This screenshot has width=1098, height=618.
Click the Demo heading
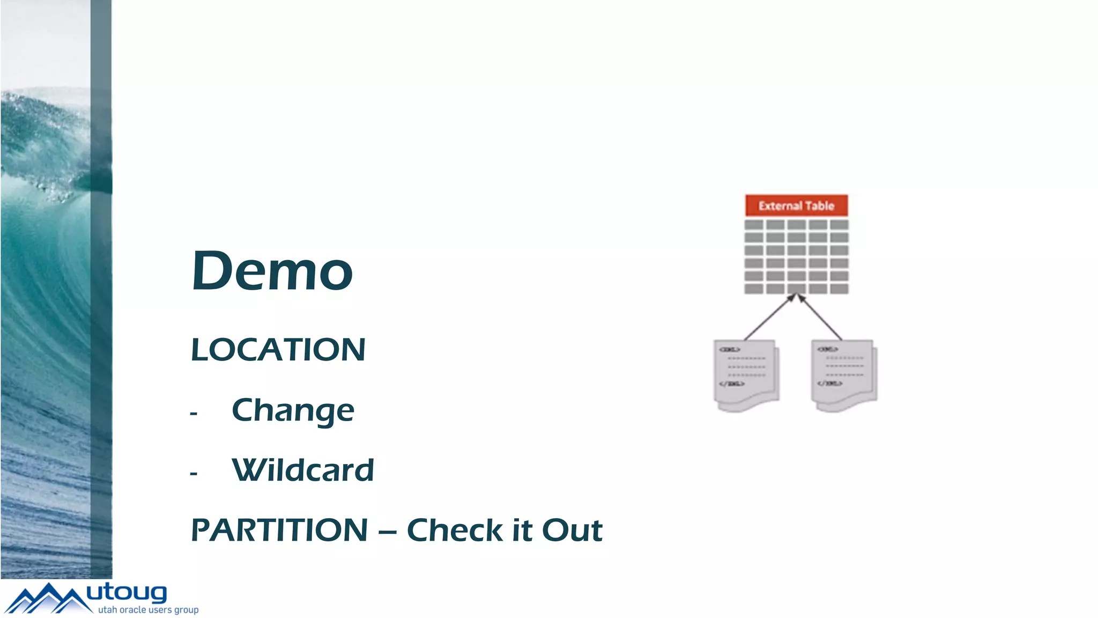[272, 271]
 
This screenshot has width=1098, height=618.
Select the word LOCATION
[278, 350]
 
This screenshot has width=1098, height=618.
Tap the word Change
[293, 411]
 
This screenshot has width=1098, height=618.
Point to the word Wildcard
[302, 470]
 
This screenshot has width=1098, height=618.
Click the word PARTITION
[279, 531]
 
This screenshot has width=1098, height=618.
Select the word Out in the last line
[572, 531]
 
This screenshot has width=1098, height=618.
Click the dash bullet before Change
[194, 414]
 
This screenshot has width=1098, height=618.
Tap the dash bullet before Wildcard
[194, 474]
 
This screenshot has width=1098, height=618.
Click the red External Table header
[796, 205]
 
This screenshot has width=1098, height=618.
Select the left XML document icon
[746, 375]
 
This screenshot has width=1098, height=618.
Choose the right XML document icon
[844, 375]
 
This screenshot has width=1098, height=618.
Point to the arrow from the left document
[768, 318]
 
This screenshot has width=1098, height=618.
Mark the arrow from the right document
[821, 318]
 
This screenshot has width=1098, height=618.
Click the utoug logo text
[127, 593]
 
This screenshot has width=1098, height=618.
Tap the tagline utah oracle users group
[148, 610]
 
